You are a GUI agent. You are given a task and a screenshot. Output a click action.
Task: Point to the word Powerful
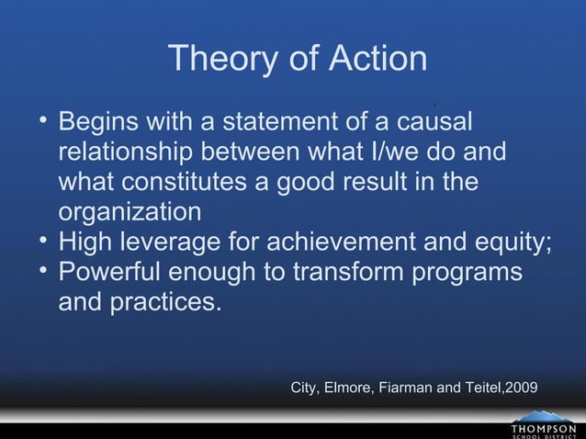click(x=120, y=273)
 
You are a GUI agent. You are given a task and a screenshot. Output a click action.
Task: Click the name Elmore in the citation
click(x=345, y=388)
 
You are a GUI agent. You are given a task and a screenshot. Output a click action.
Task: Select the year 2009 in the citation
click(x=521, y=388)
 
